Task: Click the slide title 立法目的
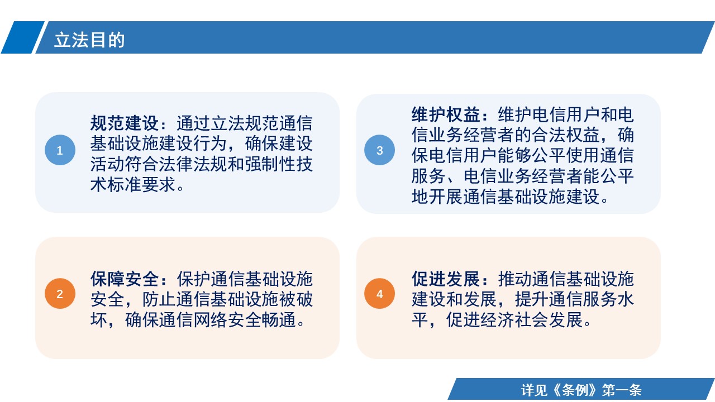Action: (89, 40)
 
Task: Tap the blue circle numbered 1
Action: (60, 150)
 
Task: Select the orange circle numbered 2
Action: (60, 294)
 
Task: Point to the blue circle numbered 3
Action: (379, 150)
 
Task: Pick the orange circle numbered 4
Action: (379, 294)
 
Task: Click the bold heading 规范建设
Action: (125, 123)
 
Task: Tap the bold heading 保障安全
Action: (125, 279)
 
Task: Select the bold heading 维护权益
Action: (446, 114)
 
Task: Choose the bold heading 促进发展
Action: (446, 279)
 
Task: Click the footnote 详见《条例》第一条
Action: (581, 390)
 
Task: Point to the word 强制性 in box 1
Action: (271, 164)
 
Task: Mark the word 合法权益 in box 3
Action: (566, 135)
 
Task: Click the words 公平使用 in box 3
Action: (566, 155)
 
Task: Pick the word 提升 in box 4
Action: (532, 300)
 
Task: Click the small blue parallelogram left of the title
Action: (22, 37)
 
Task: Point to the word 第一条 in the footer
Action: (622, 390)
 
